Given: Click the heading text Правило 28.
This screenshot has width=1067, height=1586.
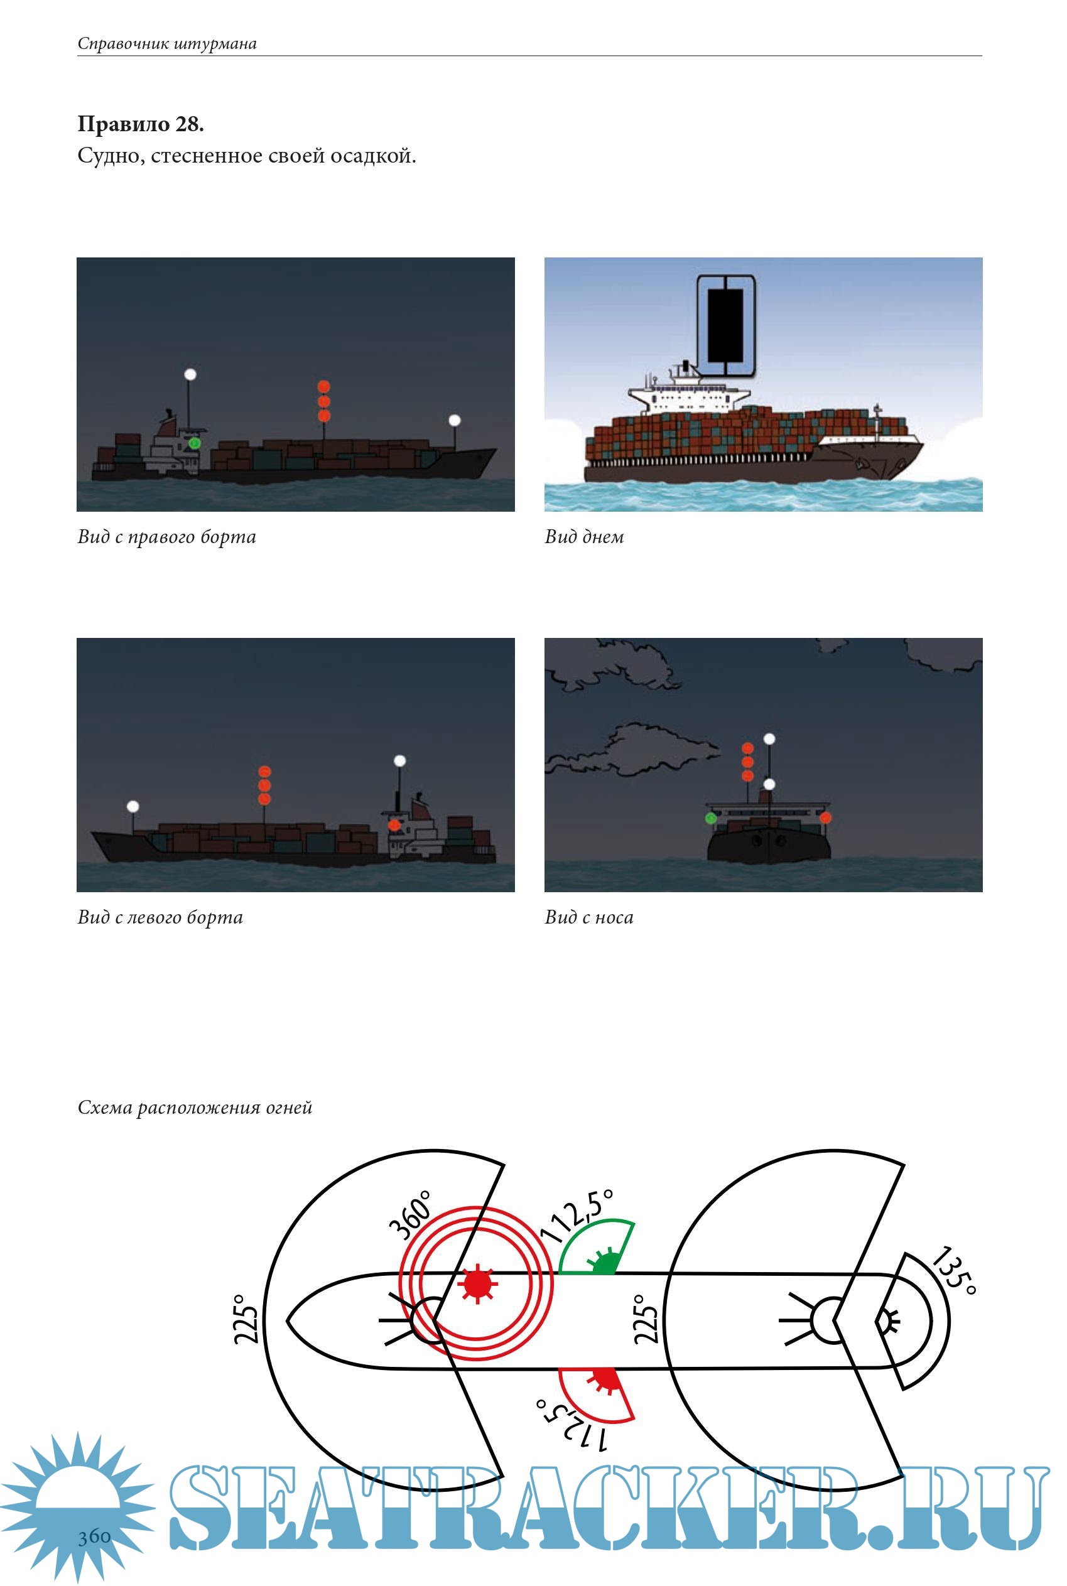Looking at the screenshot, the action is tap(140, 124).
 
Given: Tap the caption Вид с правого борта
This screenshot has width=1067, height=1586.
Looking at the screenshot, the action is tap(166, 537).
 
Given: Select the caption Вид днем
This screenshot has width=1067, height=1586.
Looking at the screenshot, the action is tap(584, 537).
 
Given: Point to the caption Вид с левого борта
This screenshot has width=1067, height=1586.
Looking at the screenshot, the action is tap(160, 917).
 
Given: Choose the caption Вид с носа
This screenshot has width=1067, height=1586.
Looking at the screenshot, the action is tap(588, 917).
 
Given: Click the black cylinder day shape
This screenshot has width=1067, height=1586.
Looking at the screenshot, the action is tap(725, 325).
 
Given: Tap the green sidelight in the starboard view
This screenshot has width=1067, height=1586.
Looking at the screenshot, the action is tap(194, 443).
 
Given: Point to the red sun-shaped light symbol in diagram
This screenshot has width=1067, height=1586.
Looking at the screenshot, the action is tap(478, 1283).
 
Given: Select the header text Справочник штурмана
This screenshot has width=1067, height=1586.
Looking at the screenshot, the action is tap(166, 43).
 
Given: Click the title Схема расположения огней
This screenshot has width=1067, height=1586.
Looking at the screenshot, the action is tap(195, 1107).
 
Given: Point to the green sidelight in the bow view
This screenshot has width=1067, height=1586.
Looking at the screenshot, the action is tap(711, 818).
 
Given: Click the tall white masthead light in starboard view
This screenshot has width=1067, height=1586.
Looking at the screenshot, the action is tap(190, 374).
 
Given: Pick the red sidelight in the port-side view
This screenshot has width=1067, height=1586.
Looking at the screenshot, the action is tap(394, 824).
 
